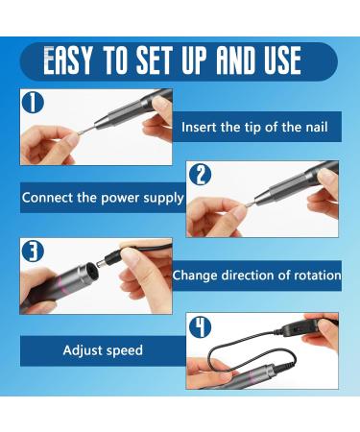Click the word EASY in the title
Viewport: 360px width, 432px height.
(x=69, y=61)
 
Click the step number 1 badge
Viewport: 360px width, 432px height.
(x=33, y=103)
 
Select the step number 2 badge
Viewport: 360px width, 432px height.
(x=200, y=175)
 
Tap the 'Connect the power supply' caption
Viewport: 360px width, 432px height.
(x=102, y=199)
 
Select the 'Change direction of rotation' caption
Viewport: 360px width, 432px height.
(x=256, y=276)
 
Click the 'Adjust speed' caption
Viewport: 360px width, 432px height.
(x=103, y=350)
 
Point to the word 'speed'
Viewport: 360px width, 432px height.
(x=124, y=351)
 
